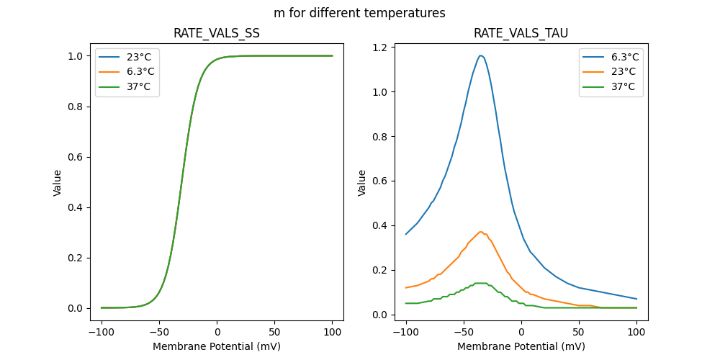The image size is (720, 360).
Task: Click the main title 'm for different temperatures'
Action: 359,13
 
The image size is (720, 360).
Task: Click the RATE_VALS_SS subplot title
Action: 217,33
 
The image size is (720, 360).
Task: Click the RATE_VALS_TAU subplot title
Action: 521,33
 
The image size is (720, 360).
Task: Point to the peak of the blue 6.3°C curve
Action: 480,55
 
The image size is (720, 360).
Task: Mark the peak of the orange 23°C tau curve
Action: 480,232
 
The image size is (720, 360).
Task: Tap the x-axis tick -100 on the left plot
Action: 102,332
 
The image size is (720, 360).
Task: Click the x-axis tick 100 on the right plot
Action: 636,332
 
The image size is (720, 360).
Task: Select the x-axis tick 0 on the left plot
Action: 217,332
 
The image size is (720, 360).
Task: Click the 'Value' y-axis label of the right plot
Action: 362,183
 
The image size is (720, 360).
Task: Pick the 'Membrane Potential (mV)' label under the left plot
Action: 217,346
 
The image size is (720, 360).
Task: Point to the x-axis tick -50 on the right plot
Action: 464,332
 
